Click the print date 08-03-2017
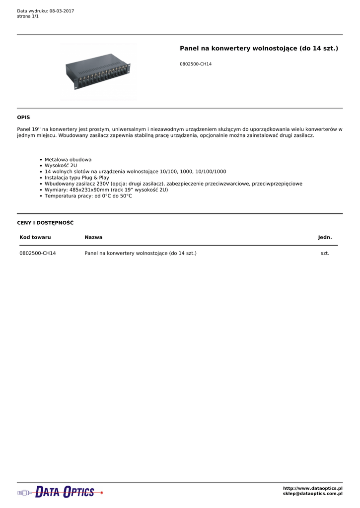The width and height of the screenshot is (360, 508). click(x=62, y=11)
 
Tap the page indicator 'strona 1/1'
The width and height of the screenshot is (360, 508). click(x=28, y=16)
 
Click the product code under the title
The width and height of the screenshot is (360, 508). click(x=196, y=64)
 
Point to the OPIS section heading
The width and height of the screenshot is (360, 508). click(x=23, y=118)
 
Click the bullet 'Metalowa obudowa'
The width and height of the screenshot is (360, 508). click(x=68, y=160)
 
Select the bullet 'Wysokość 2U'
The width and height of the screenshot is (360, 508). click(x=61, y=166)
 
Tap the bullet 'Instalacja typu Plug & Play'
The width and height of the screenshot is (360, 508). click(x=77, y=178)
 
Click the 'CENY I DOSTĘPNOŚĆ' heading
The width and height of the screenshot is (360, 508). click(x=45, y=223)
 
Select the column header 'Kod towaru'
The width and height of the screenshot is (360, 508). click(x=35, y=238)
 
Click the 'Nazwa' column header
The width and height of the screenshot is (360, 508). click(x=93, y=238)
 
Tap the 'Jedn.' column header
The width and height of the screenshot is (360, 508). click(x=325, y=238)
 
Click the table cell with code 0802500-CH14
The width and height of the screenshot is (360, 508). click(x=38, y=254)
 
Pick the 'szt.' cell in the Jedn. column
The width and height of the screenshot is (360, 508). click(x=325, y=254)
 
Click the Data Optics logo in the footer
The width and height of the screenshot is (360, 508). click(x=60, y=492)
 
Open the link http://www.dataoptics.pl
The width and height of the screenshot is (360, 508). click(x=312, y=489)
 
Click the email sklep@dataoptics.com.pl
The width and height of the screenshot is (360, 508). click(x=312, y=494)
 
